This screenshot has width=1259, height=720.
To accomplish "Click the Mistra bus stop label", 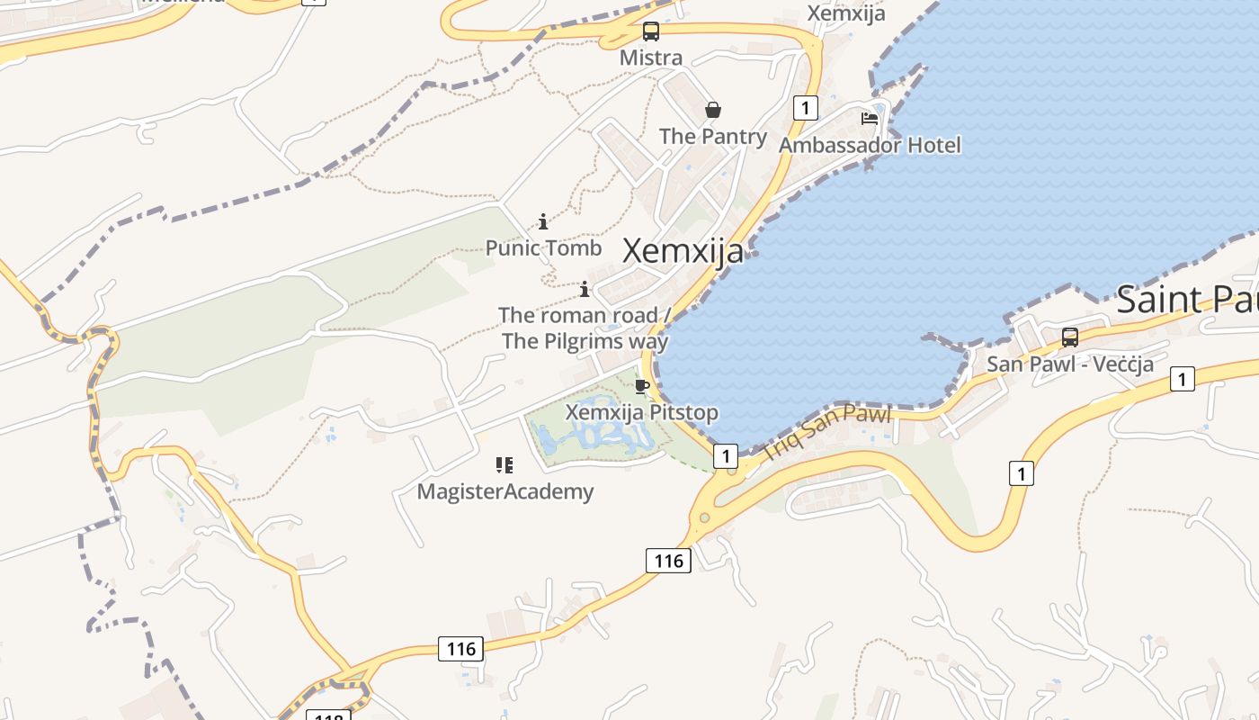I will pos(651,58).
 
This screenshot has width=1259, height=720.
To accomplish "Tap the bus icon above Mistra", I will pos(651,31).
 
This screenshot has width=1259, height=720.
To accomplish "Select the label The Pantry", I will pos(713,136).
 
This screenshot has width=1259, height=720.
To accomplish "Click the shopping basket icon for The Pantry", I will pos(713,110).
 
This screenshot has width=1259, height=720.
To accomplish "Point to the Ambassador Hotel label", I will pos(870,145).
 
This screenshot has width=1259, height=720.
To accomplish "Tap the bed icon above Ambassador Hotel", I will pos(870,118).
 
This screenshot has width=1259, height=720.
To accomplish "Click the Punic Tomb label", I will pos(543,247).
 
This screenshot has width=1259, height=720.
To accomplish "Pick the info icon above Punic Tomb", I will pos(543,221).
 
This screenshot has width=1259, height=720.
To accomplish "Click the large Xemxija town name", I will pos(683,251).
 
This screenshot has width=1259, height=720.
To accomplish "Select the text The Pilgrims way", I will pos(585,341).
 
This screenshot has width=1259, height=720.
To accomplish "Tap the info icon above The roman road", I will pos(585,289).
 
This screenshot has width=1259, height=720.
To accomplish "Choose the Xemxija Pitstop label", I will pos(641,412).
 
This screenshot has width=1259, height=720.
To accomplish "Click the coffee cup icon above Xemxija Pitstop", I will pos(641,387).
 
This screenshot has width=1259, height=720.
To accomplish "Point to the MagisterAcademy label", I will pos(505,491).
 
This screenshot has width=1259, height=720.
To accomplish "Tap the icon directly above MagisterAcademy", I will pos(504,465).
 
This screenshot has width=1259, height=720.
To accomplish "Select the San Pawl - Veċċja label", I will pos(1070,364).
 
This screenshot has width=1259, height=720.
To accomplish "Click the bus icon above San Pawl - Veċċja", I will pos(1070,337).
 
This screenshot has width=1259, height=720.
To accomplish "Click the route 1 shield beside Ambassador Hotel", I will pos(805,109).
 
